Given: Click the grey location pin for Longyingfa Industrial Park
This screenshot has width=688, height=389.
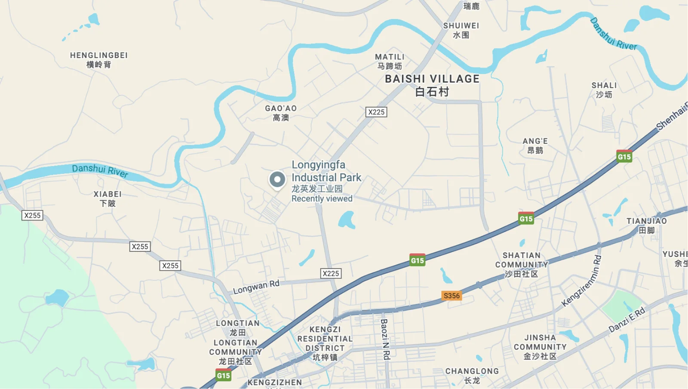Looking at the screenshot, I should [277, 180].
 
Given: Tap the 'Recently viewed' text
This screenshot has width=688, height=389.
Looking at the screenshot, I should [322, 199].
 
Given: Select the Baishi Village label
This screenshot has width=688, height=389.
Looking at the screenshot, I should [432, 85].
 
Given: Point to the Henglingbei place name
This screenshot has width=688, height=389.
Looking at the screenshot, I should [99, 60].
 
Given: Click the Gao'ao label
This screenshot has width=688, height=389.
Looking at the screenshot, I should [281, 113].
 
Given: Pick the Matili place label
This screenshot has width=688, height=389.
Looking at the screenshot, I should [390, 61].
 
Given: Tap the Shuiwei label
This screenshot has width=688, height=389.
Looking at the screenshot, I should [461, 30].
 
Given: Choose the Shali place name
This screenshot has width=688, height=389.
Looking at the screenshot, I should [604, 90].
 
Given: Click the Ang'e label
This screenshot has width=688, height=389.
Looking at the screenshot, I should [535, 145].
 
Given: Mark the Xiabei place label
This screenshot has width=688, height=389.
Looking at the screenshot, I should [107, 198].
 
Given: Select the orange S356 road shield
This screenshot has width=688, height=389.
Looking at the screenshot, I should [451, 296].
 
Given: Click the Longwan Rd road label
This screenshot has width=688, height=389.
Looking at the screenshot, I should [256, 287].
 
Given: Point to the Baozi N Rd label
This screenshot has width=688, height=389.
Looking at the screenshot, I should [385, 339].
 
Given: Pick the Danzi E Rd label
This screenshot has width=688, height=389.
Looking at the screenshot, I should [627, 320].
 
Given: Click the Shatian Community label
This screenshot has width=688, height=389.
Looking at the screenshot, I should [522, 265].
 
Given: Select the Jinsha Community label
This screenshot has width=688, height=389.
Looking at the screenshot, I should [540, 347].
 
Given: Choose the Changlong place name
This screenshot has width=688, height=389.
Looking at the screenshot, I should [472, 375].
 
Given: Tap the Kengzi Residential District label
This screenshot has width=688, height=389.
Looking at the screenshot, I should [325, 343].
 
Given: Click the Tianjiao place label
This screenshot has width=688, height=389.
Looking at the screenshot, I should [646, 225].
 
